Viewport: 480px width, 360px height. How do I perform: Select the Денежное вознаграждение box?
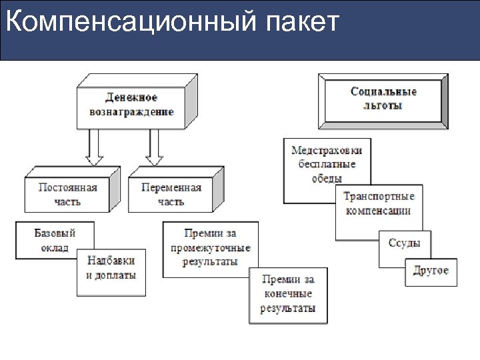pyautogui.click(x=131, y=105)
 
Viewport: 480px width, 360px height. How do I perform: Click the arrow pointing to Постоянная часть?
pyautogui.click(x=95, y=147)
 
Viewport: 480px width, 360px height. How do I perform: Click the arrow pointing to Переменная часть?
pyautogui.click(x=155, y=147)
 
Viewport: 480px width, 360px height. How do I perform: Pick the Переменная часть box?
pyautogui.click(x=171, y=194)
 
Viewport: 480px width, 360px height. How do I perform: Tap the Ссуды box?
pyautogui.click(x=404, y=243)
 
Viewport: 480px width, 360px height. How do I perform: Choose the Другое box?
pyautogui.click(x=431, y=271)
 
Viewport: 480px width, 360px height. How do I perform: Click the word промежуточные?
pyautogui.click(x=217, y=248)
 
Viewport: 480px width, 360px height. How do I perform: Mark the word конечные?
pyautogui.click(x=287, y=294)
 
